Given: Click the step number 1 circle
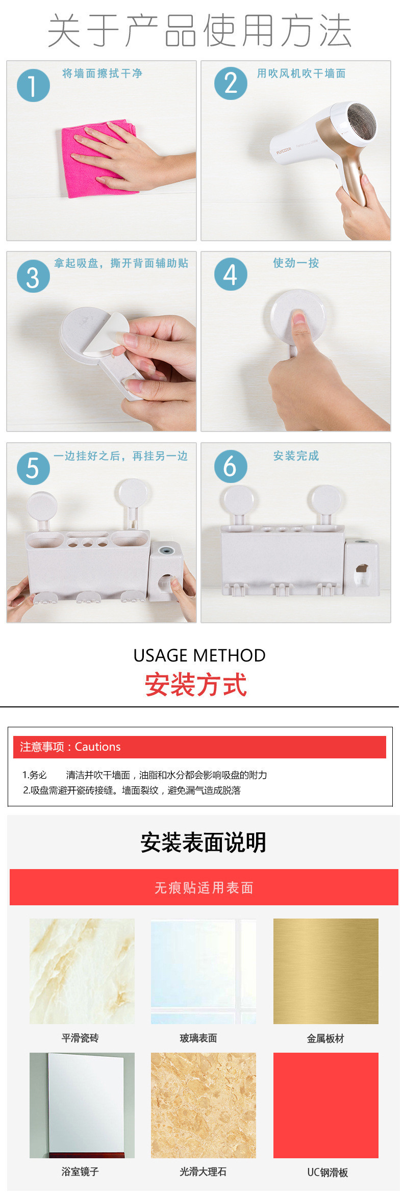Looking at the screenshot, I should pyautogui.click(x=33, y=85).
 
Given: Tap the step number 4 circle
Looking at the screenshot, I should pyautogui.click(x=231, y=274).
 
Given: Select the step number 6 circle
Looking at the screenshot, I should pyautogui.click(x=231, y=466).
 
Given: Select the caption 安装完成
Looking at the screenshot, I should pyautogui.click(x=296, y=455).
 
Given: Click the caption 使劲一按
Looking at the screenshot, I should pyautogui.click(x=296, y=263).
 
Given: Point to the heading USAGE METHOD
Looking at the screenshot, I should pyautogui.click(x=199, y=655).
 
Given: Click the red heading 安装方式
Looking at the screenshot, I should pyautogui.click(x=196, y=684).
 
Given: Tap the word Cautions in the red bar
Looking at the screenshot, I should pyautogui.click(x=98, y=747).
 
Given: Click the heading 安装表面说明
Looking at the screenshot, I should pyautogui.click(x=203, y=842).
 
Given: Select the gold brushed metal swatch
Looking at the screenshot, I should pyautogui.click(x=325, y=971).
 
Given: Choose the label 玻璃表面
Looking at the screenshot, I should pyautogui.click(x=198, y=1038).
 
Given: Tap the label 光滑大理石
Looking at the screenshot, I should pyautogui.click(x=203, y=1172).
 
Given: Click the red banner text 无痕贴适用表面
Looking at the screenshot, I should pyautogui.click(x=204, y=888).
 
